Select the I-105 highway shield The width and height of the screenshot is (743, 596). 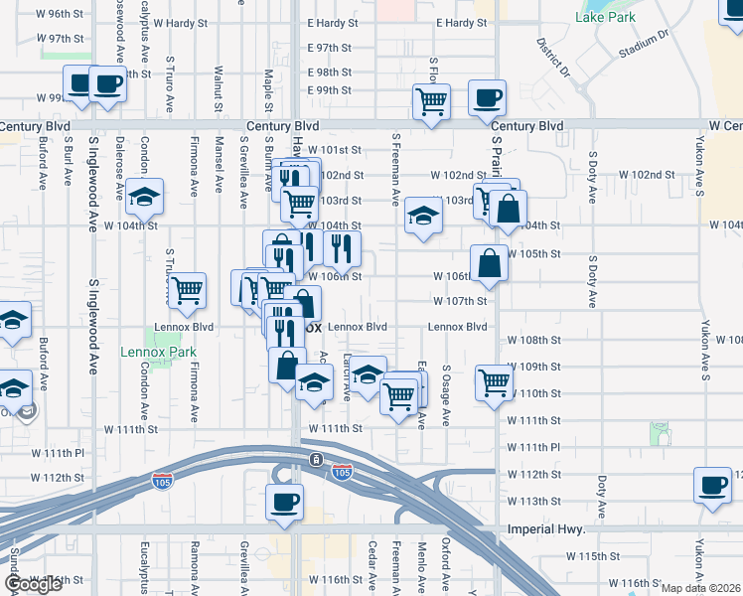click(x=343, y=473)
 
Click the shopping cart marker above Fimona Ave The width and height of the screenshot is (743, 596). click(x=186, y=291)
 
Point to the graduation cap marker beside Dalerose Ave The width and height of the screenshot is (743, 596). click(x=145, y=198)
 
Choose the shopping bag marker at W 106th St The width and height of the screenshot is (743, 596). click(x=490, y=264)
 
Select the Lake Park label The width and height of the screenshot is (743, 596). click(x=605, y=17)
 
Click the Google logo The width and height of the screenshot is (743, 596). click(x=33, y=584)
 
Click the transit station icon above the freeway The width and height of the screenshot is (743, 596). click(x=315, y=459)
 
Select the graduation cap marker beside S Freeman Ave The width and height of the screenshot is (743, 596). click(x=422, y=218)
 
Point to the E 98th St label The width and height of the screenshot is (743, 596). click(x=330, y=73)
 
